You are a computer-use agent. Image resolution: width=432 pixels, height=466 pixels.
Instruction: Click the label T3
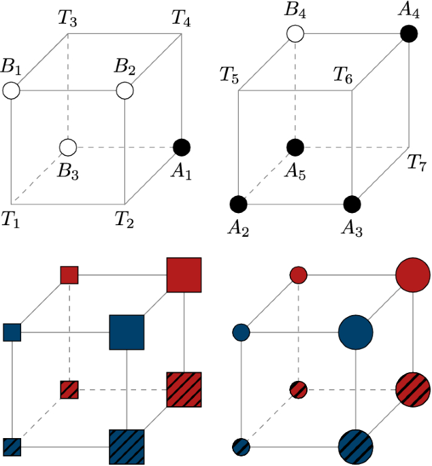click(x=67, y=19)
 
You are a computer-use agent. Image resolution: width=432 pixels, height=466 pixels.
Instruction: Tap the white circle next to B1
click(x=11, y=90)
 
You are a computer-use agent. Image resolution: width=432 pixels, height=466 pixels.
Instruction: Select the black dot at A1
click(x=182, y=146)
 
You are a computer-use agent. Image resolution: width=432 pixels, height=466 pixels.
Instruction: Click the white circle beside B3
click(x=67, y=146)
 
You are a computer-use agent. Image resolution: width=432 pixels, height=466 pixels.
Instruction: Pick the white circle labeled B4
click(x=295, y=33)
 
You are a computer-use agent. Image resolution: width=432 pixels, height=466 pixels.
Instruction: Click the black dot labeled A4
click(x=408, y=33)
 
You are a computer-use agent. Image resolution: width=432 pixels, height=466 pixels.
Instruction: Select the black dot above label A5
click(x=295, y=146)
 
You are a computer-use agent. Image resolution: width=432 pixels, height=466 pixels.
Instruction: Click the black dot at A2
click(x=238, y=203)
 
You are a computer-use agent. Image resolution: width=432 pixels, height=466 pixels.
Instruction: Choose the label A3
click(x=352, y=229)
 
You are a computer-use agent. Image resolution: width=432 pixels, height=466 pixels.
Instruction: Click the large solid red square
click(x=184, y=275)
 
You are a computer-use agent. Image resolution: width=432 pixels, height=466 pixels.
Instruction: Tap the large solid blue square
click(x=127, y=332)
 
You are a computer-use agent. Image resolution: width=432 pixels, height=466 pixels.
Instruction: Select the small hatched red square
click(x=70, y=390)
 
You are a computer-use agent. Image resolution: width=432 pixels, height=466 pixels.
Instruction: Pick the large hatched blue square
click(x=127, y=447)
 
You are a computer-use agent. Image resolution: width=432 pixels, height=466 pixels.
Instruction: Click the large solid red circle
click(x=413, y=275)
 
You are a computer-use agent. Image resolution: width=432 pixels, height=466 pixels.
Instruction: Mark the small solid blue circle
click(x=242, y=333)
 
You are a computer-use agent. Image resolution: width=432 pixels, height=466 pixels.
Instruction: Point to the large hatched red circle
click(x=413, y=390)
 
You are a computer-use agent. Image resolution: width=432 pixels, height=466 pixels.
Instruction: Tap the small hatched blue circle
click(x=242, y=447)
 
